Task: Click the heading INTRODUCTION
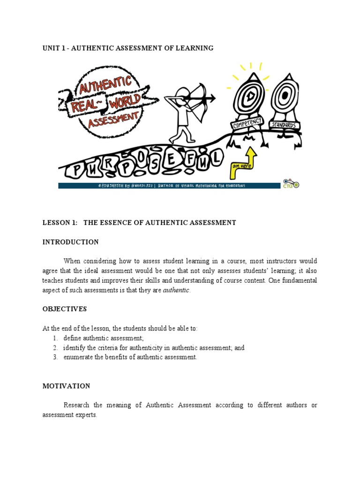tap(70, 242)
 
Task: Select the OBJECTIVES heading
tap(65, 309)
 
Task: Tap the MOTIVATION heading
tap(66, 386)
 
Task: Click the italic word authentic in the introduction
tap(176, 290)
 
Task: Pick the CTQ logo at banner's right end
tap(291, 183)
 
